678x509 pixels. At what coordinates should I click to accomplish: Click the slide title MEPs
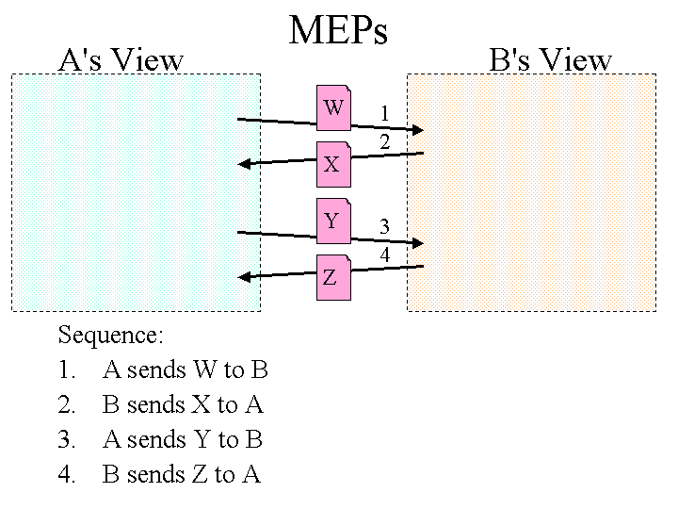[338, 30]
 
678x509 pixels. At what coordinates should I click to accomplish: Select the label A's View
[121, 60]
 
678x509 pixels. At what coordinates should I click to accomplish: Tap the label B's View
[551, 60]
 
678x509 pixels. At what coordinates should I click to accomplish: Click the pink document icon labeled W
[333, 107]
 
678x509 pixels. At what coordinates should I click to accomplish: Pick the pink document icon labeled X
[333, 164]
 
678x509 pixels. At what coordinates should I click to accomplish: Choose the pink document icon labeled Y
[333, 221]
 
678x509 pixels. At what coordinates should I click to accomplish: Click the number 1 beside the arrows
[384, 114]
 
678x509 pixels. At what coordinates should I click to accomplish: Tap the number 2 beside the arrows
[384, 142]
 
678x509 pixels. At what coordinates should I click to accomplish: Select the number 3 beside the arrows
[384, 226]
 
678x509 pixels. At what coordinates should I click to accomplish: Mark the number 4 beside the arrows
[384, 254]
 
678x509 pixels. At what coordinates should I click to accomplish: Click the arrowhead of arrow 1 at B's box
[418, 129]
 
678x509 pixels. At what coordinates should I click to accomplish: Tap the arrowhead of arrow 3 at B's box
[418, 242]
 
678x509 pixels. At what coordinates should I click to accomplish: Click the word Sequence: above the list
[111, 335]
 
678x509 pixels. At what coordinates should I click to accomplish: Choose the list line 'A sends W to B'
[185, 369]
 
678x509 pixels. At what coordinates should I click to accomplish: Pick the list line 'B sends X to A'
[183, 404]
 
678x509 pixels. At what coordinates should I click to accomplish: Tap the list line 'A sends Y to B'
[183, 439]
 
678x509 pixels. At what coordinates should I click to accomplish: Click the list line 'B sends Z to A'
[181, 474]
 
